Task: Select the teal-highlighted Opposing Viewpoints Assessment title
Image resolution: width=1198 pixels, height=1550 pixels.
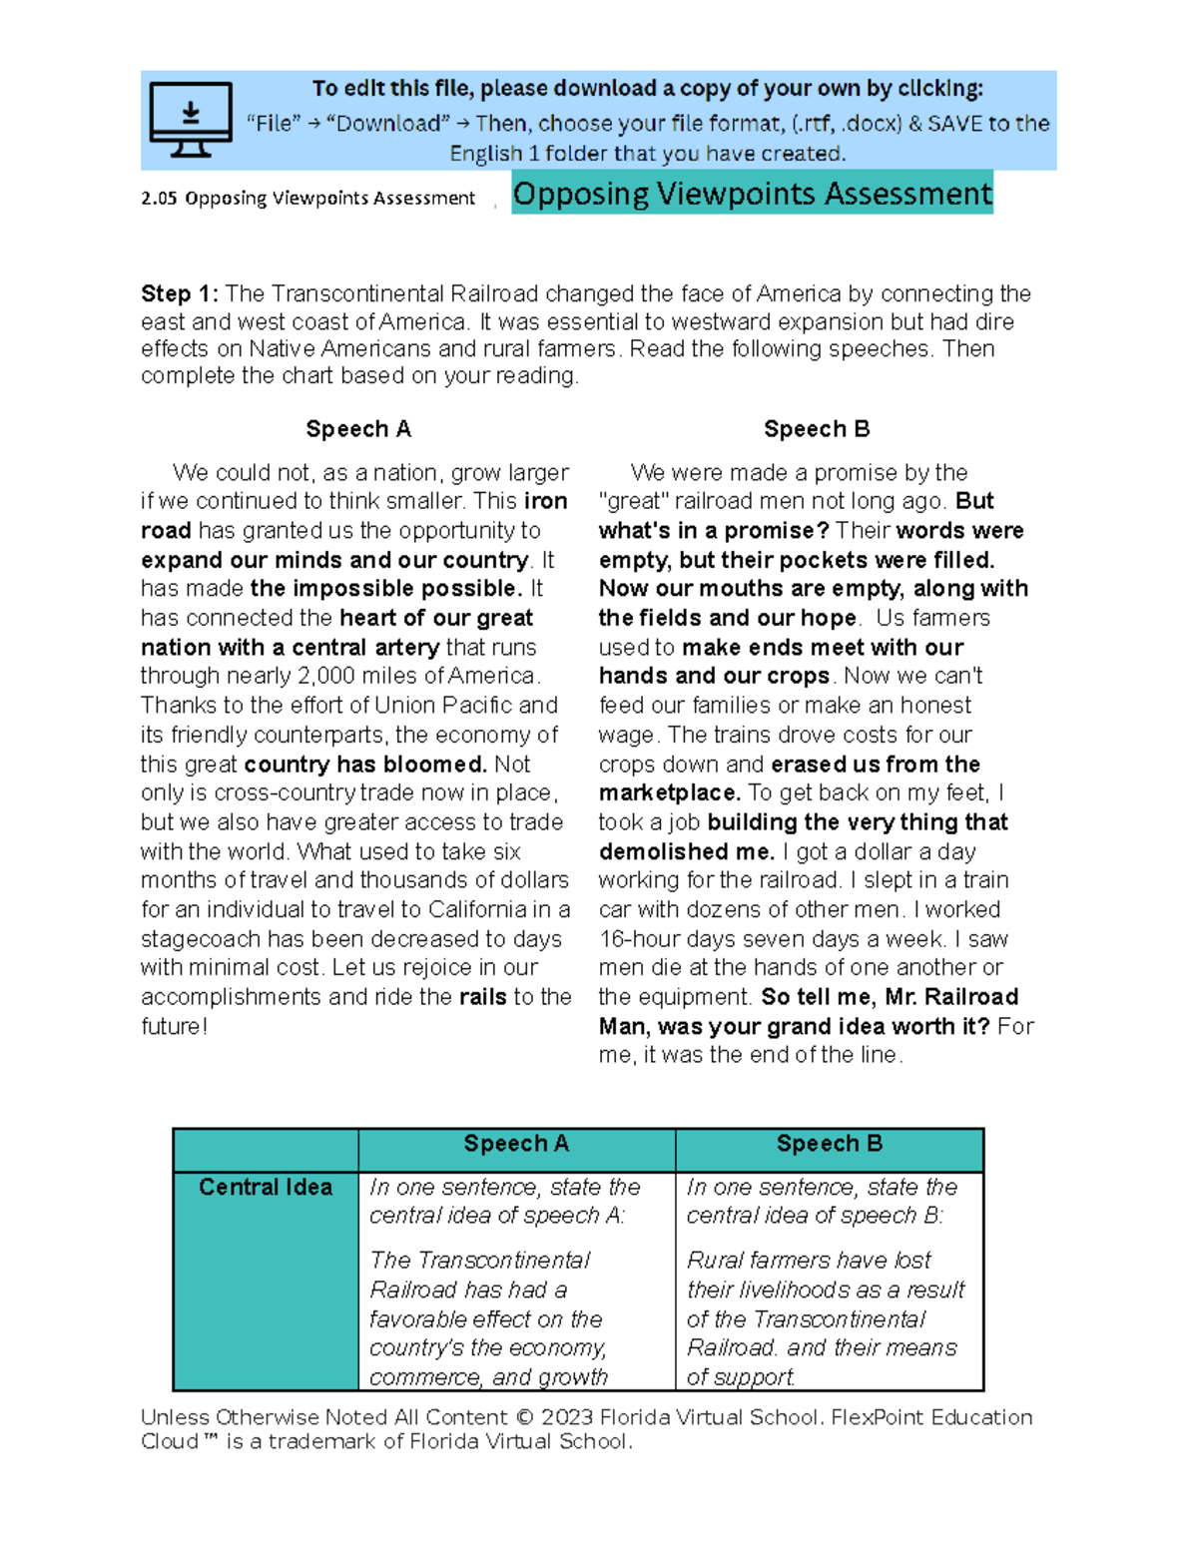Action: click(x=752, y=194)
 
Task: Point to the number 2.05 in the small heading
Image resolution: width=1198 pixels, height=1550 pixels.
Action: click(x=159, y=199)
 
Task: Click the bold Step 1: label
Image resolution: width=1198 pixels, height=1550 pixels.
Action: click(x=180, y=293)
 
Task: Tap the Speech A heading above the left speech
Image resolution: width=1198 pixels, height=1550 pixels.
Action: click(x=358, y=429)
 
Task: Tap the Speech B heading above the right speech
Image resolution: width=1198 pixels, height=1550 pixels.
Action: click(x=817, y=429)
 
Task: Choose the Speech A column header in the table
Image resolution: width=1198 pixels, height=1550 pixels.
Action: click(x=516, y=1144)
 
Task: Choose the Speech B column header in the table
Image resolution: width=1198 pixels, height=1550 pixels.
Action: click(x=830, y=1144)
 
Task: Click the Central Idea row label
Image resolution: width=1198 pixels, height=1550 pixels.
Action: click(x=266, y=1187)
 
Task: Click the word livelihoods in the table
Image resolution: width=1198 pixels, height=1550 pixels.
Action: click(x=805, y=1290)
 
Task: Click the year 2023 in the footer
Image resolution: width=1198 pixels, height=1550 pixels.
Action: click(x=566, y=1417)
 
